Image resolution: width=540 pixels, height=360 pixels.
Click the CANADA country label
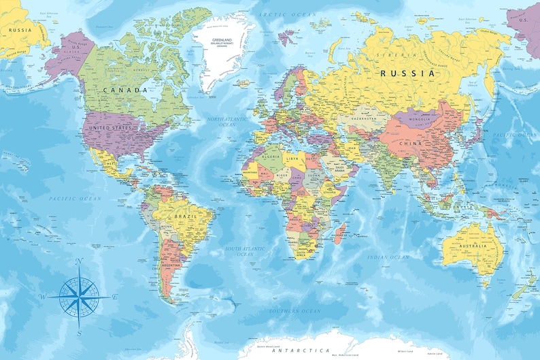coord(126,90)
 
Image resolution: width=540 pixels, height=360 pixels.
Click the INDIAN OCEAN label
coord(388,257)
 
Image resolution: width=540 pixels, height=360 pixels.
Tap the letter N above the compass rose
coord(79,261)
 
